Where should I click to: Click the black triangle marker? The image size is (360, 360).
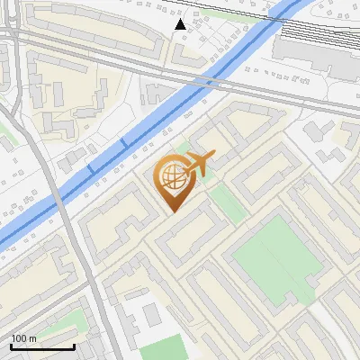click(x=181, y=24)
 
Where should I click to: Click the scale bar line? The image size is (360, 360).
click(x=42, y=346)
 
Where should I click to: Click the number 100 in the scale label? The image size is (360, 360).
click(x=20, y=338)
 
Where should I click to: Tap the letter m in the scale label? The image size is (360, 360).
click(x=33, y=338)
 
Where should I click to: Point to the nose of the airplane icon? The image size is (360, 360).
click(x=214, y=158)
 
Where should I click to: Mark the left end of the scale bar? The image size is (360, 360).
click(x=11, y=346)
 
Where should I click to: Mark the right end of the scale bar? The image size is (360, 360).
click(x=74, y=346)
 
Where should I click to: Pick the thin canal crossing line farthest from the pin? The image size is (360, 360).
click(x=89, y=168)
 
